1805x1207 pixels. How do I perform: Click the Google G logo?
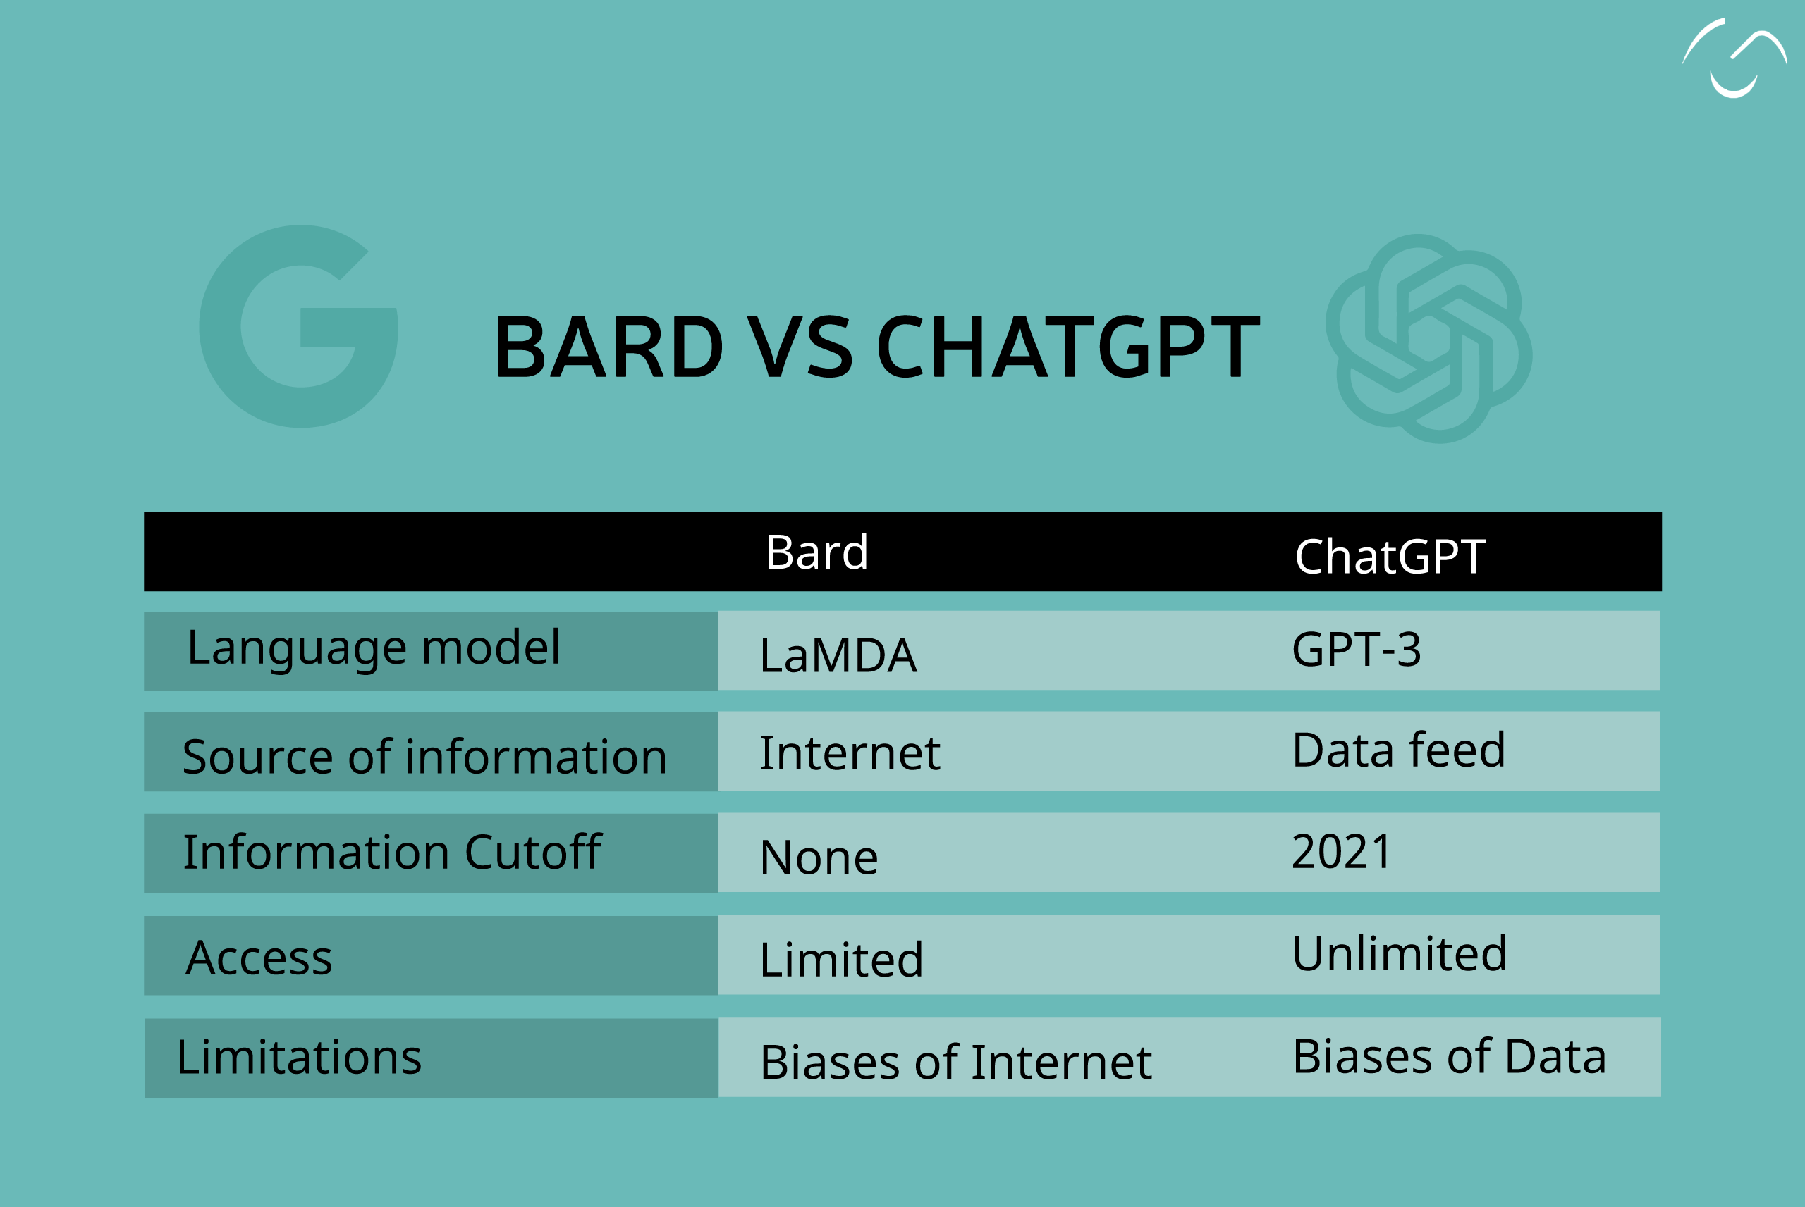point(299,326)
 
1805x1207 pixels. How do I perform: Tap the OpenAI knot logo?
point(1428,339)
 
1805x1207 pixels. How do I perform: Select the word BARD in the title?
point(608,348)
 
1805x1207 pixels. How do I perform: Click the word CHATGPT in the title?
point(1068,348)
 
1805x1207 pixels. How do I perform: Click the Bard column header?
point(817,552)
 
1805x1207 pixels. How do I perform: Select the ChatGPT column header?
point(1390,557)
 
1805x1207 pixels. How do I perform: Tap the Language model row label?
point(374,648)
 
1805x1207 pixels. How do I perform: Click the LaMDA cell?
point(838,655)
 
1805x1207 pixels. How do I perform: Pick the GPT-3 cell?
point(1356,649)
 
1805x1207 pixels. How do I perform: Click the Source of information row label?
point(424,757)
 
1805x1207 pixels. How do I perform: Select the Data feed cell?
point(1398,750)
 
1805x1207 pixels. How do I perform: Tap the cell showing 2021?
point(1342,851)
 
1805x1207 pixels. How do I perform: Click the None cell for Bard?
point(819,858)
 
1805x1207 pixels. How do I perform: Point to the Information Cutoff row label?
point(392,852)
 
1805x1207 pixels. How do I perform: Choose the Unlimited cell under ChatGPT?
point(1399,954)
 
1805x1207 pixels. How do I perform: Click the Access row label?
point(259,958)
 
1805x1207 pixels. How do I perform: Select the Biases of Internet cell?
point(955,1063)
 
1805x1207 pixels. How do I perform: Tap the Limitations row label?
point(299,1057)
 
